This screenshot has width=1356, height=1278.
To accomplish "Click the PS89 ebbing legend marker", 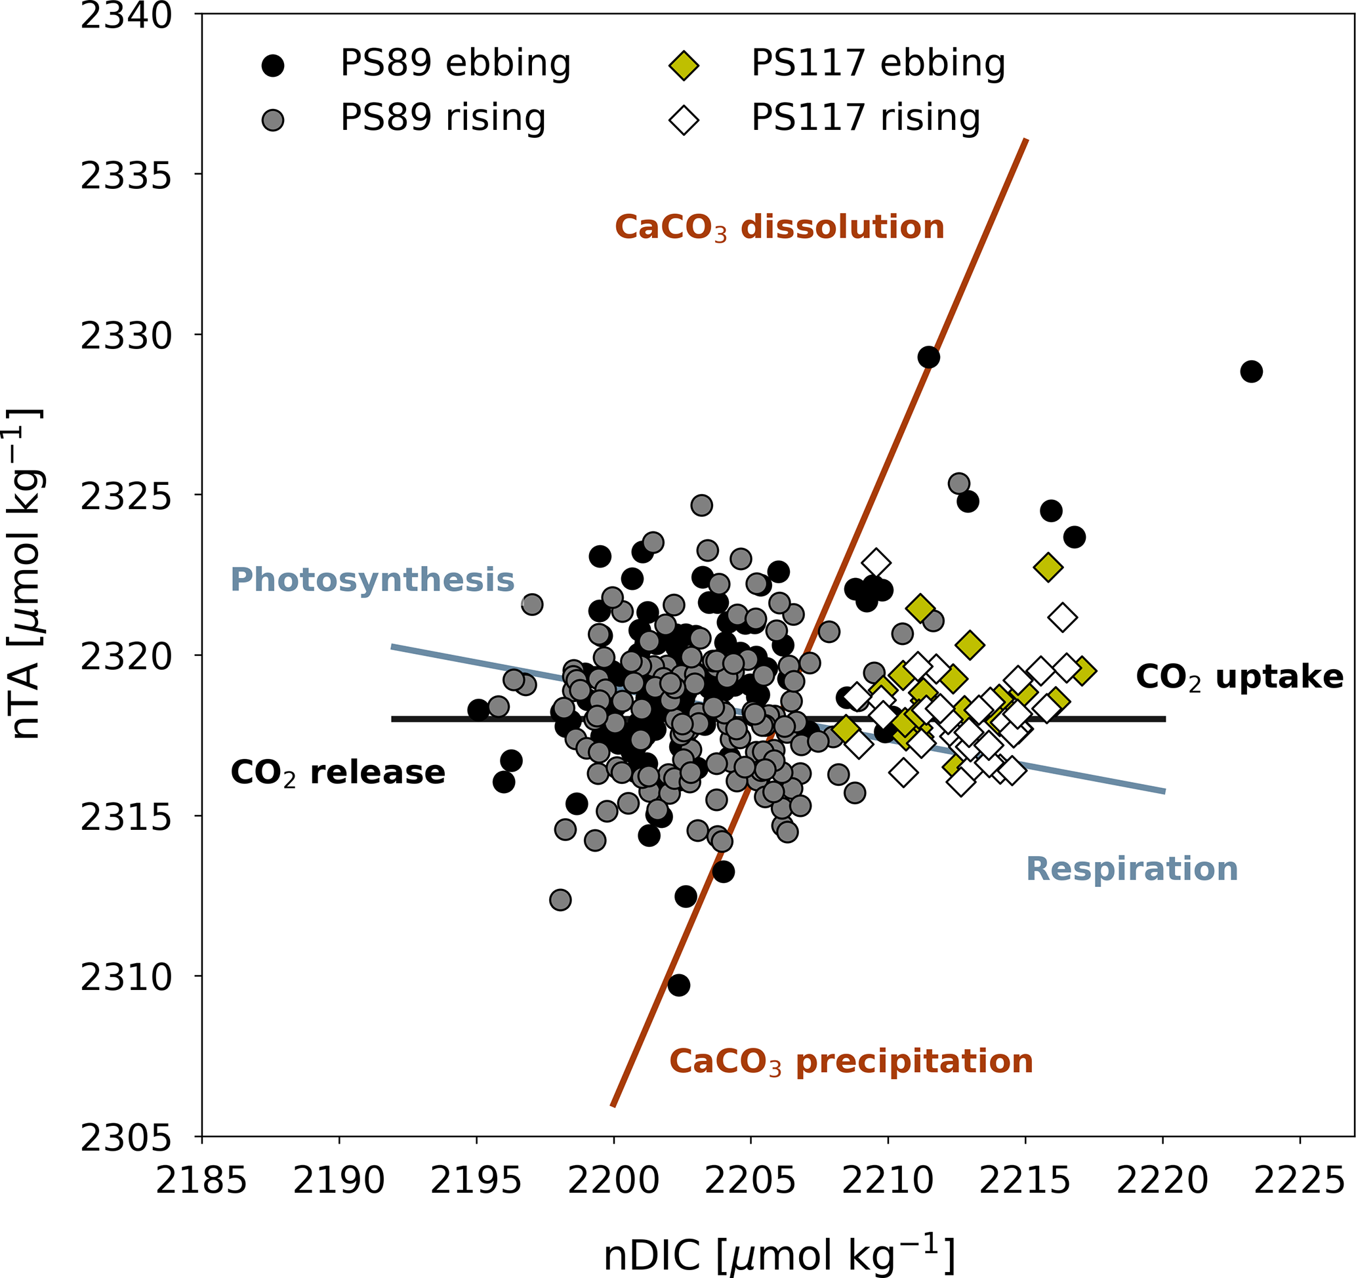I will click(273, 66).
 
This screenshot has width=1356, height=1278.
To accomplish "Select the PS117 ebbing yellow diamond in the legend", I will click(684, 66).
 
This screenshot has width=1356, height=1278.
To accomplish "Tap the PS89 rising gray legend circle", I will click(273, 121).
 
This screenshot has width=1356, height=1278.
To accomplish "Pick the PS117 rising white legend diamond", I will click(684, 121).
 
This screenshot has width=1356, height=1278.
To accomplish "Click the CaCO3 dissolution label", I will click(779, 227).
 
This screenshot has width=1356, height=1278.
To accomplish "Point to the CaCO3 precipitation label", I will click(851, 1062).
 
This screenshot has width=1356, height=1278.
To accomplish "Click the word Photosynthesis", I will click(373, 580).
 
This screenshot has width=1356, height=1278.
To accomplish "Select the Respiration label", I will click(1132, 869).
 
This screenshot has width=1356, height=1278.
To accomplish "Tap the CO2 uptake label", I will click(1239, 677).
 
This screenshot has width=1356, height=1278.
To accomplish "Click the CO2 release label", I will click(338, 773).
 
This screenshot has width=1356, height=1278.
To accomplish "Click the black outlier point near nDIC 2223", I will click(1251, 372).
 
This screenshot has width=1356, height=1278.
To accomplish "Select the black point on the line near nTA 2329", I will click(928, 358).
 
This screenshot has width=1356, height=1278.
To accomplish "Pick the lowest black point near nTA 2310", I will click(679, 985).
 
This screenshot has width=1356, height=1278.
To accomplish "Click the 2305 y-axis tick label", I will click(127, 1138).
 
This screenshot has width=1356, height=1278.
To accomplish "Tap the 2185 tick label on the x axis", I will click(201, 1181).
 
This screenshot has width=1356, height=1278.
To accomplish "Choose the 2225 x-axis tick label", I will click(1299, 1181).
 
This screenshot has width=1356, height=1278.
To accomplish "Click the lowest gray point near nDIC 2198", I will click(560, 900).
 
